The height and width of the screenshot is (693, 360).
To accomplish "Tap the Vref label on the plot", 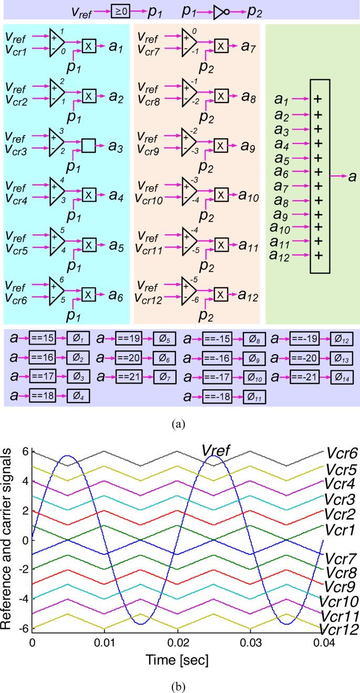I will tap(218, 450).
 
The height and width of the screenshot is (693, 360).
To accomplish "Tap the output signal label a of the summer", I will tap(352, 177).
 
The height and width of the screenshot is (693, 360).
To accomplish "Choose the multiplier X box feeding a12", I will tap(221, 295).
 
